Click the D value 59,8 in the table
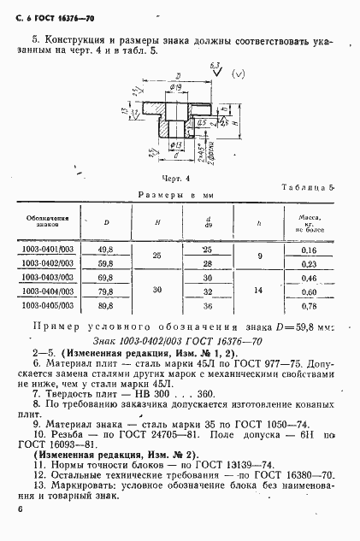[107, 264]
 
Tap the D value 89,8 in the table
[107, 305]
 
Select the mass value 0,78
[308, 305]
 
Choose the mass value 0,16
[308, 250]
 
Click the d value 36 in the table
[208, 305]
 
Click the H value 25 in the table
[156, 256]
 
